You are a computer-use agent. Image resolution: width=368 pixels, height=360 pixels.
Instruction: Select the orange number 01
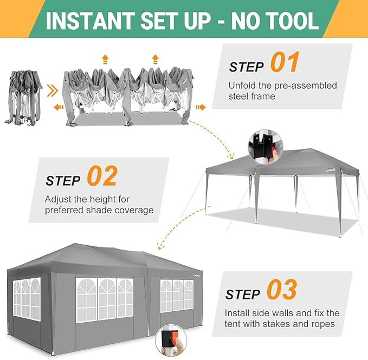[285, 62]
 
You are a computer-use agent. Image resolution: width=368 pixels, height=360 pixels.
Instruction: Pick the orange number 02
[102, 175]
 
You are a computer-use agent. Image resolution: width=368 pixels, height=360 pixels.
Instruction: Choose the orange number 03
[282, 290]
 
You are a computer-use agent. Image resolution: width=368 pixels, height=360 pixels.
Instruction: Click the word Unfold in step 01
[242, 86]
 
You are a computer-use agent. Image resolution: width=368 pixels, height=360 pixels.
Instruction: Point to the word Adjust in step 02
[58, 200]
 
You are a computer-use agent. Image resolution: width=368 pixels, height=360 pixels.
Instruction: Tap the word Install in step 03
[237, 313]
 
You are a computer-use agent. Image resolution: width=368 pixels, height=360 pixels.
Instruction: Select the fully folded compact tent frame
[23, 97]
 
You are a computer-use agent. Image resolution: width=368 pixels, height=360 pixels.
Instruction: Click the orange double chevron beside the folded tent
[52, 90]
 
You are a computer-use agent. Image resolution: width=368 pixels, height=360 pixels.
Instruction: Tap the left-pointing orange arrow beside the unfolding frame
[59, 107]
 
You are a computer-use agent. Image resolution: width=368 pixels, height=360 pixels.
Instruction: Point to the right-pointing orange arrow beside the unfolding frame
[201, 107]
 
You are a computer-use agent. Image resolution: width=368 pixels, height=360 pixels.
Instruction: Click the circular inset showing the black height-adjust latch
[266, 147]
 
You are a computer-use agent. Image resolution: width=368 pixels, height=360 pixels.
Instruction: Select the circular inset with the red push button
[171, 341]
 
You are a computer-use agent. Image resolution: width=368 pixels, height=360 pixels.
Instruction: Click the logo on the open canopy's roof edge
[331, 169]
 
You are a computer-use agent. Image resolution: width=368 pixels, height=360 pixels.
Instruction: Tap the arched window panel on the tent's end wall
[27, 299]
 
